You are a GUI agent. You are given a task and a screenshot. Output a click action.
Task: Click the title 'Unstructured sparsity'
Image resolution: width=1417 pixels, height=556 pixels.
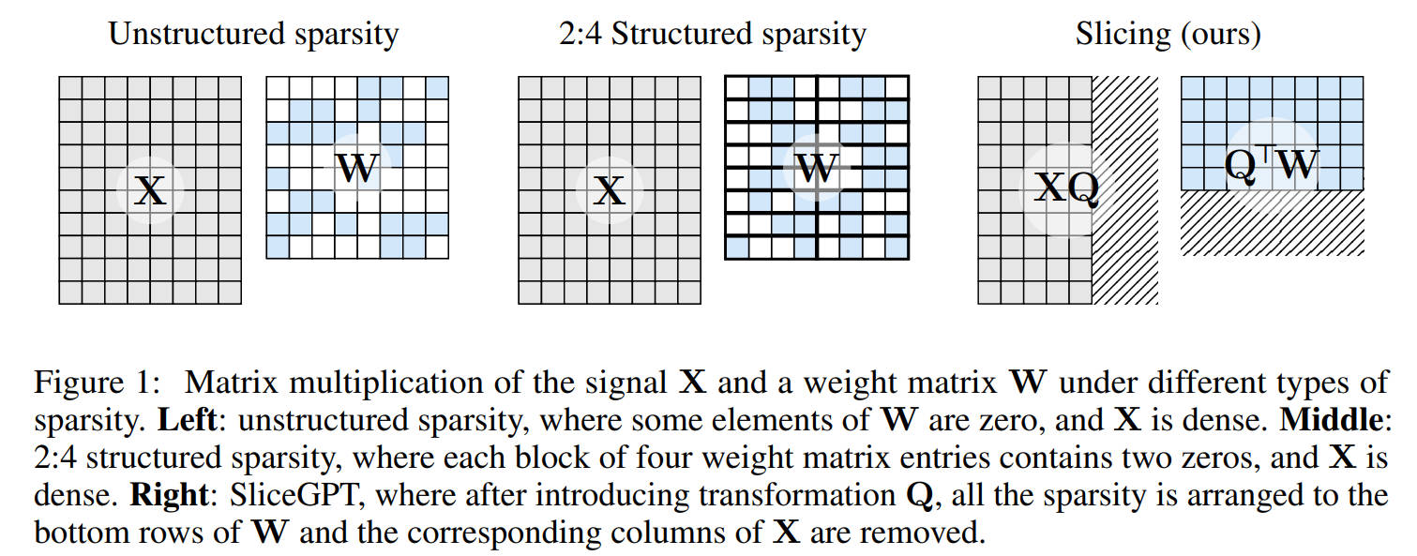click(253, 34)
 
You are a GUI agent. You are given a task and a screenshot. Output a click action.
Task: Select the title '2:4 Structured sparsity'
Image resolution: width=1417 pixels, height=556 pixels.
click(713, 34)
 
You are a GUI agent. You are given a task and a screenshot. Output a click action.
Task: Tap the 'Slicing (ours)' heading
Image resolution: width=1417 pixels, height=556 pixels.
click(1168, 34)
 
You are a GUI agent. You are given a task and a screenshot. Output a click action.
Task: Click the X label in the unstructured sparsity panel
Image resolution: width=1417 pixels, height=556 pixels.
click(151, 189)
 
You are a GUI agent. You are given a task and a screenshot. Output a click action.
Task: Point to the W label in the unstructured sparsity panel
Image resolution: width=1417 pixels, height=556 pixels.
click(357, 168)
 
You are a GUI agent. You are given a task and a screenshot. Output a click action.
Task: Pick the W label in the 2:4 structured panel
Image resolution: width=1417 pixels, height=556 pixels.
click(817, 168)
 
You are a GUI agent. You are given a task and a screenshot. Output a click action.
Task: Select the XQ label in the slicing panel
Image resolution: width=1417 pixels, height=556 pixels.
click(1066, 188)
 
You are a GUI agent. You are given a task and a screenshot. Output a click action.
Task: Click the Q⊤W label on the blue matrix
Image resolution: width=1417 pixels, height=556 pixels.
click(1272, 164)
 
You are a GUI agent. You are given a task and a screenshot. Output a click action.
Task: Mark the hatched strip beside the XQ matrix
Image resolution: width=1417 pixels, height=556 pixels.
click(1125, 190)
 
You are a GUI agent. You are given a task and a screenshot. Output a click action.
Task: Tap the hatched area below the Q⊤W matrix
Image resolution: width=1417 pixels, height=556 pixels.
click(1273, 222)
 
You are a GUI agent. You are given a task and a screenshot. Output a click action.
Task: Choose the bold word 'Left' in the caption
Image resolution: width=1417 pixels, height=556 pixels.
click(187, 420)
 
